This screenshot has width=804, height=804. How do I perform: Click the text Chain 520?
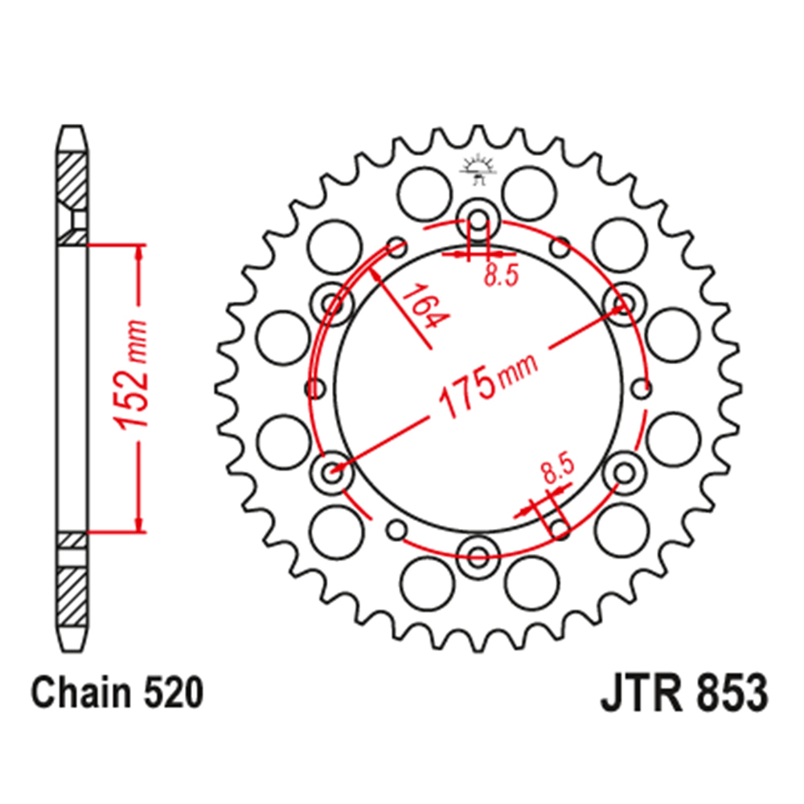pos(116,693)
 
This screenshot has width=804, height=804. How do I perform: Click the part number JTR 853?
pos(683,693)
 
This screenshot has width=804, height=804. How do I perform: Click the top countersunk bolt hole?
pos(478,220)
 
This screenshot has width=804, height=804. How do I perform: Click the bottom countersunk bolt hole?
pos(478,552)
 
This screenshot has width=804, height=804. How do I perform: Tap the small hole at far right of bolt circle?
pos(642,389)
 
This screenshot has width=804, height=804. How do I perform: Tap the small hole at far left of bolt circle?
pos(314,389)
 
